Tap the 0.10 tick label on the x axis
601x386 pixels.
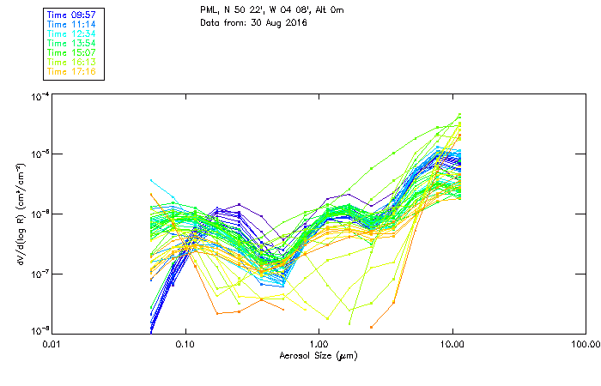185,344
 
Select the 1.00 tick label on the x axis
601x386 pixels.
319,344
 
